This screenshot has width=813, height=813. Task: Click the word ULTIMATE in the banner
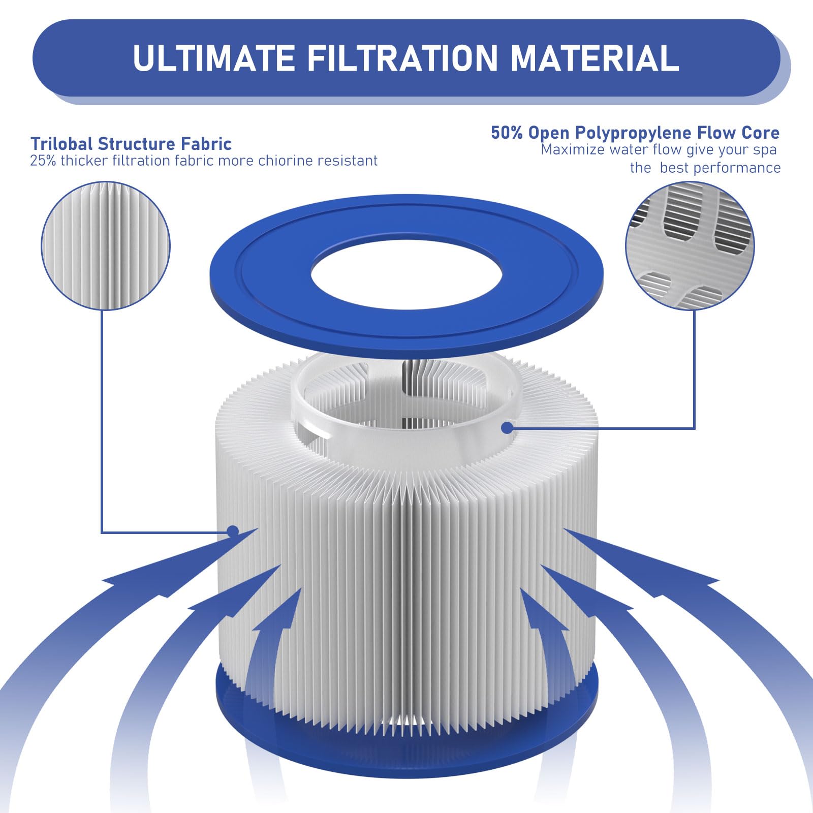(214, 58)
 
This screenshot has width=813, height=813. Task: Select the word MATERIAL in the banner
(595, 58)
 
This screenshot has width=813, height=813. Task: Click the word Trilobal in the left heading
(61, 144)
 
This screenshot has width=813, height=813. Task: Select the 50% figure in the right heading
(507, 133)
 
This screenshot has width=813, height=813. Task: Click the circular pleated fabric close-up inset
(106, 246)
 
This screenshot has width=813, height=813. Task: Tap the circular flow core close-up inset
(690, 246)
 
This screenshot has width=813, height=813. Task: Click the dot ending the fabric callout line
(233, 532)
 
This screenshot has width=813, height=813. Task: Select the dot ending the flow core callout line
(507, 428)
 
